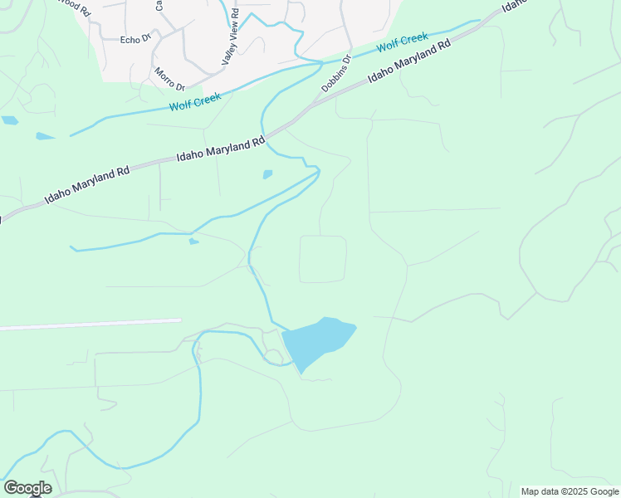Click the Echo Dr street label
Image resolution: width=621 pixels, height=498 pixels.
(134, 39)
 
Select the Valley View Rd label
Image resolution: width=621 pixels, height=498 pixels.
(229, 39)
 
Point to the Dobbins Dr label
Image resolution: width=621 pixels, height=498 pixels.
(337, 74)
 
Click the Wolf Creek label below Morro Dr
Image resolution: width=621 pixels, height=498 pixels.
(196, 105)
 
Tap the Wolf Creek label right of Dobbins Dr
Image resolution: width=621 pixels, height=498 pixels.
(403, 42)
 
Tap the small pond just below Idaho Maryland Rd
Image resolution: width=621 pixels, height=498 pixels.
(267, 174)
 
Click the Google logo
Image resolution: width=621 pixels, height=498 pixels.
(27, 488)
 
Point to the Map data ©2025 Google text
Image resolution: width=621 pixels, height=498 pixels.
(570, 491)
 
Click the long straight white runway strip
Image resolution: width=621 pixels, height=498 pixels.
(91, 324)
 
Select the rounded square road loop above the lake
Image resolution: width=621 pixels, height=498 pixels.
(322, 259)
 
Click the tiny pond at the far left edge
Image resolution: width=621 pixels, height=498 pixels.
(9, 120)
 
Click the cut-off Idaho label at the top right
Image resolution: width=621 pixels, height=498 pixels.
(514, 6)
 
